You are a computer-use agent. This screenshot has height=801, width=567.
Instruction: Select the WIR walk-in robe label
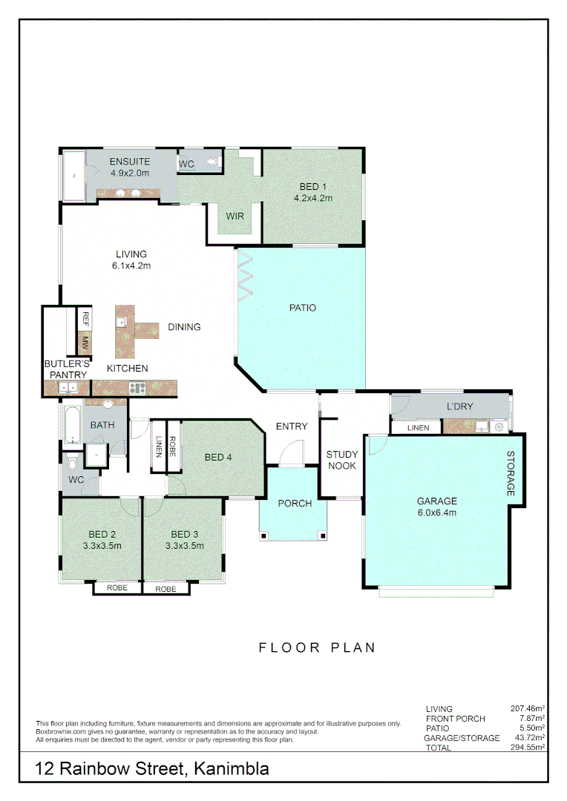point(235,217)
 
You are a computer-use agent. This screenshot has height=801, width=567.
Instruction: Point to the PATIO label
point(303,308)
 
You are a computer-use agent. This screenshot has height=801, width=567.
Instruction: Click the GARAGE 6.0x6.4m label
point(436,507)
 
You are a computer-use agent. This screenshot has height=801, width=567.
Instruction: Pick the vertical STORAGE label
point(511,474)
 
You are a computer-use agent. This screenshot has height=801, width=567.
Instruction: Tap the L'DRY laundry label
point(459,406)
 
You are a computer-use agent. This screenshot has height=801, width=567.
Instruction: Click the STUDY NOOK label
point(342,460)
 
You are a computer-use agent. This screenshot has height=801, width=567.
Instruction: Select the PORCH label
point(295,504)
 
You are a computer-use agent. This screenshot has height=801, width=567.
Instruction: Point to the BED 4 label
point(218,458)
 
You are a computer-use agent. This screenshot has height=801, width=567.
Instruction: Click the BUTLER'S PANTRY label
point(67,369)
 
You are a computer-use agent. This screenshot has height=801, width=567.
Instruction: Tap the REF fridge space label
point(85,319)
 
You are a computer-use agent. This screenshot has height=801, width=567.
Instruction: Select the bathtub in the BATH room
point(72,425)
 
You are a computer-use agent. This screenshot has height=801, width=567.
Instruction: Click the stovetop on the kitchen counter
point(137,386)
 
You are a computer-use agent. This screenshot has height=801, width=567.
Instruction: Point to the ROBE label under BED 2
point(117,587)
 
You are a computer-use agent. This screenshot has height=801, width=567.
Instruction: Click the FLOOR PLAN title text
point(317,647)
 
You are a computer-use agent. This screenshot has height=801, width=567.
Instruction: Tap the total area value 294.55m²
point(528,748)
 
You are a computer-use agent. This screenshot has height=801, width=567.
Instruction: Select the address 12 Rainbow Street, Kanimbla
point(153,769)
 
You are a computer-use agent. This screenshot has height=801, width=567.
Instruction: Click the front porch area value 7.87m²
point(531,719)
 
